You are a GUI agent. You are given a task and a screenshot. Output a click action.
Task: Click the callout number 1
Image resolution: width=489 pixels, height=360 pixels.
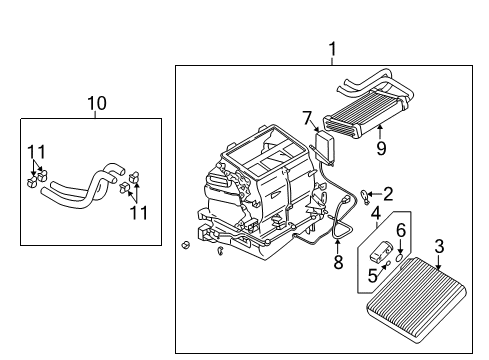(x=332, y=48)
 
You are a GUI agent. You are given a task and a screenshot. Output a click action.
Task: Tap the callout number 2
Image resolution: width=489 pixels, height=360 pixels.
(x=388, y=193)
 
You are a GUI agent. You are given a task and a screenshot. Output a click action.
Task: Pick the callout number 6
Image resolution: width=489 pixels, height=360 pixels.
(x=401, y=230)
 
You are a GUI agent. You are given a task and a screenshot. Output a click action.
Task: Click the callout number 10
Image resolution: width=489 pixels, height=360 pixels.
(x=96, y=103)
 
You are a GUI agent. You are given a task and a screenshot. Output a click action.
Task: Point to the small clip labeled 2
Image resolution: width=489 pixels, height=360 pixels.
(x=369, y=195)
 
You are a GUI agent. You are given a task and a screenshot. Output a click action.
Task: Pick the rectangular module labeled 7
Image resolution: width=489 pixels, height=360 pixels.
(x=325, y=148)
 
